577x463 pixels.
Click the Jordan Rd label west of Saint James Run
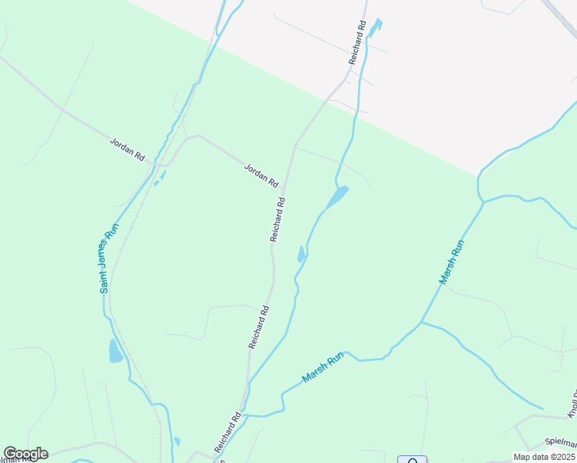point(127,149)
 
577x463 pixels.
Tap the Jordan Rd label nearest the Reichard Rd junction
point(261,175)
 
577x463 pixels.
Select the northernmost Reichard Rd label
point(356,42)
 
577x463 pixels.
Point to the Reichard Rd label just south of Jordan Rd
point(278,220)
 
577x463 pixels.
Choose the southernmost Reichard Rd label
point(229,432)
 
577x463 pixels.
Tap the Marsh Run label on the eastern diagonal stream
point(452,262)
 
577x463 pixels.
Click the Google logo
point(25,454)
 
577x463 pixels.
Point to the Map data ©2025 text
point(544,457)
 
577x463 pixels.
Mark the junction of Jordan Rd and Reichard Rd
point(285,188)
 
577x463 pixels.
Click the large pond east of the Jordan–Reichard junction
point(337,197)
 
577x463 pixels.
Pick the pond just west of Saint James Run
point(116,351)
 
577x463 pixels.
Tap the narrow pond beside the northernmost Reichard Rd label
point(376,29)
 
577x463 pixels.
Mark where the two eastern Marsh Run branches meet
point(420,322)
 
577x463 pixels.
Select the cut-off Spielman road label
point(561,443)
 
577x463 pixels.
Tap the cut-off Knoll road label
point(572,405)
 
